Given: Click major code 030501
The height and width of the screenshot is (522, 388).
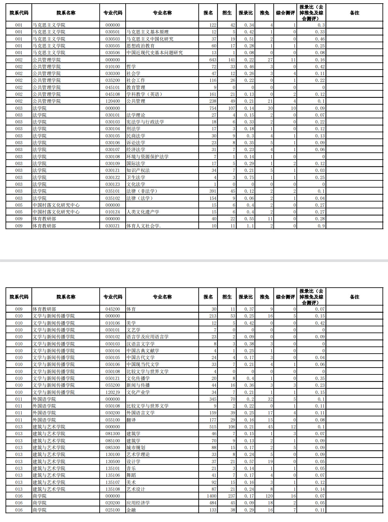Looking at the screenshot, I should pyautogui.click(x=112, y=32).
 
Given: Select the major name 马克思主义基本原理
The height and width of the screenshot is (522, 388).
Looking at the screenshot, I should pyautogui.click(x=147, y=32).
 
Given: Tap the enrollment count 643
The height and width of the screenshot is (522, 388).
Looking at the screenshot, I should pyautogui.click(x=213, y=60).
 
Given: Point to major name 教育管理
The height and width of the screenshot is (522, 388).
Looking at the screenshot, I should pyautogui.click(x=136, y=87).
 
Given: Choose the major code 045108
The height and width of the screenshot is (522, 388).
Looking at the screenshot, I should pyautogui.click(x=112, y=94).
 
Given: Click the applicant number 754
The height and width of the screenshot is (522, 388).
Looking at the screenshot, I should pyautogui.click(x=213, y=108).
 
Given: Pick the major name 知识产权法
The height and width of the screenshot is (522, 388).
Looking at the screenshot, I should pyautogui.click(x=138, y=170).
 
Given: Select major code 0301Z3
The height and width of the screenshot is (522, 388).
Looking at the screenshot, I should pyautogui.click(x=112, y=184).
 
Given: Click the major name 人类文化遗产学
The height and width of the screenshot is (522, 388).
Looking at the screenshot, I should pyautogui.click(x=143, y=212).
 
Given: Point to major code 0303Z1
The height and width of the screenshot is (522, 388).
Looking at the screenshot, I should pyautogui.click(x=112, y=226).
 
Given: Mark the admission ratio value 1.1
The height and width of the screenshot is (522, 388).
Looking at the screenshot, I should pyautogui.click(x=250, y=226).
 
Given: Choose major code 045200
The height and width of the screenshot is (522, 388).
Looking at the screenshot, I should pyautogui.click(x=112, y=309).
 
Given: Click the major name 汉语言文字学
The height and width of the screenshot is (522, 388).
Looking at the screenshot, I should pyautogui.click(x=141, y=344).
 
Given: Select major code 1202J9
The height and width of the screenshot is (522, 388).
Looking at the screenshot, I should pyautogui.click(x=112, y=392).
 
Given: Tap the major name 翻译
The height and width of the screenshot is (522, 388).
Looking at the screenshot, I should pyautogui.click(x=131, y=420).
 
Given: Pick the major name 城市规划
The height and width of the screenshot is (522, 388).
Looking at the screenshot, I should pyautogui.click(x=136, y=448).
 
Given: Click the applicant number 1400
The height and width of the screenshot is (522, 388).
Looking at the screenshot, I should pyautogui.click(x=211, y=496).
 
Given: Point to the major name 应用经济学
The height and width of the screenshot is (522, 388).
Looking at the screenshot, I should pyautogui.click(x=138, y=503).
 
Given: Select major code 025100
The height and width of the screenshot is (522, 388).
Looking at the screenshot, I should pyautogui.click(x=112, y=510).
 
